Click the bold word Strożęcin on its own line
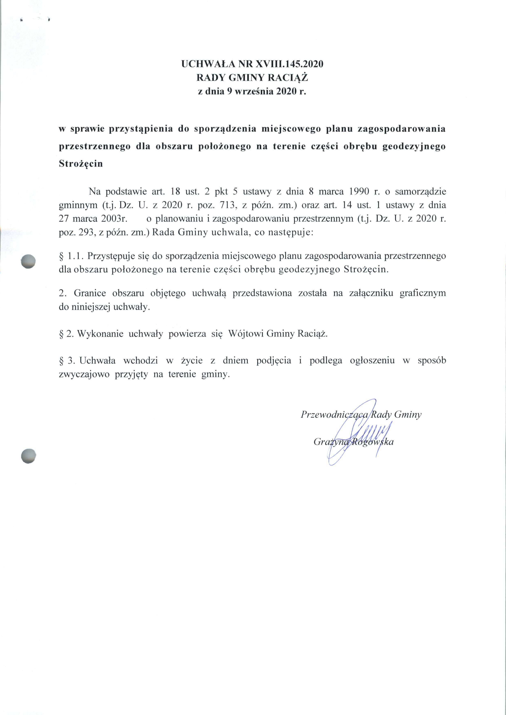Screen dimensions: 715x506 (x=81, y=164)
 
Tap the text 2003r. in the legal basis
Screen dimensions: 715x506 (x=114, y=219)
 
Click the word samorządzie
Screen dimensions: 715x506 (x=420, y=191)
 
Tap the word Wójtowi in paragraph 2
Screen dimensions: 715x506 (x=246, y=334)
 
